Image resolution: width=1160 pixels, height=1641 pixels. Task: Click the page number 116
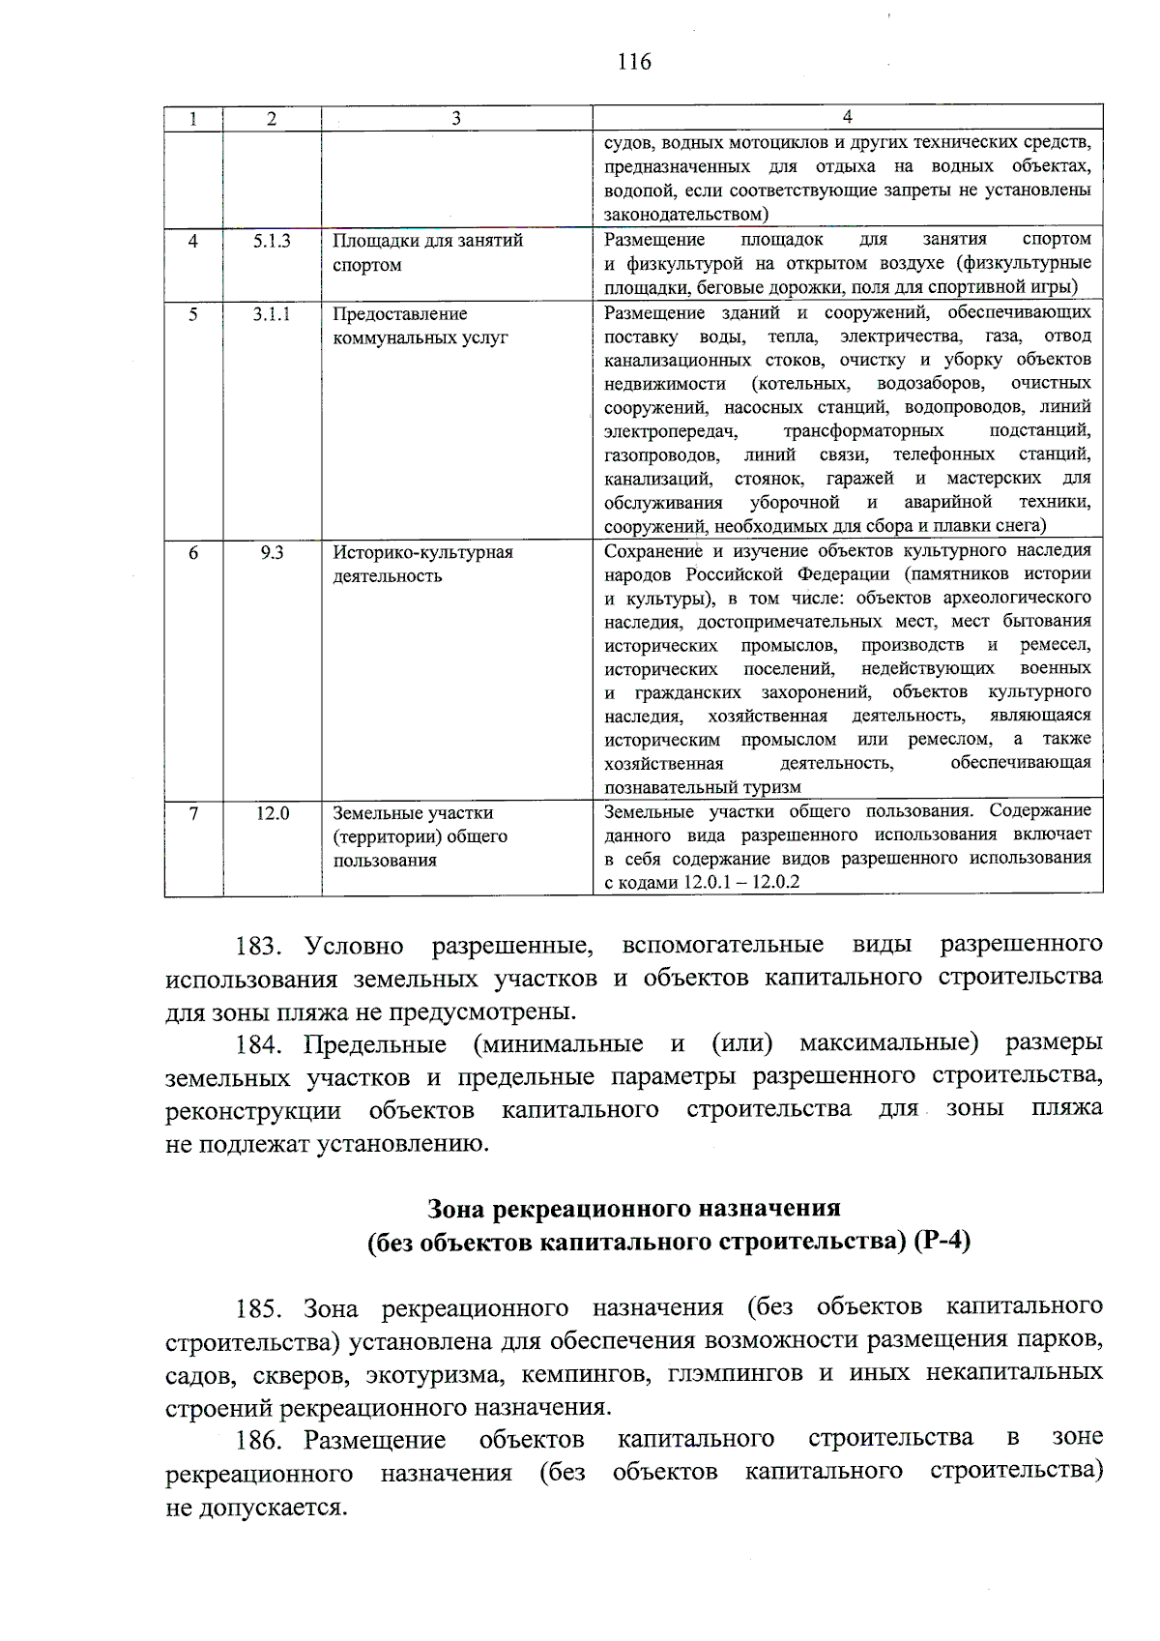634,62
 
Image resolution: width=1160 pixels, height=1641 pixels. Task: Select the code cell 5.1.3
272,241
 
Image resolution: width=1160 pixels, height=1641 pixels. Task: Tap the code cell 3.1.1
272,314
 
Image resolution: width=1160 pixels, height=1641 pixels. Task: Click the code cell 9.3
272,552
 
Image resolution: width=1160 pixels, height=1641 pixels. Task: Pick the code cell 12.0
272,813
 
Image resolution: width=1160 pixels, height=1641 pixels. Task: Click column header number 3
455,118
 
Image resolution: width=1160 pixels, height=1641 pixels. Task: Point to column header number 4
847,117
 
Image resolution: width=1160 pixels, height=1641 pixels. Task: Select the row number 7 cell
193,813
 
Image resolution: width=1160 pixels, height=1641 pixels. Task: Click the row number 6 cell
193,552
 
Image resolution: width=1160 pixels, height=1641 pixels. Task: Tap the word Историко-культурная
422,552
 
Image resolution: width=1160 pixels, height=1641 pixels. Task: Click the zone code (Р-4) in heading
941,1242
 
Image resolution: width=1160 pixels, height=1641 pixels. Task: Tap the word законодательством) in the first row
686,215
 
